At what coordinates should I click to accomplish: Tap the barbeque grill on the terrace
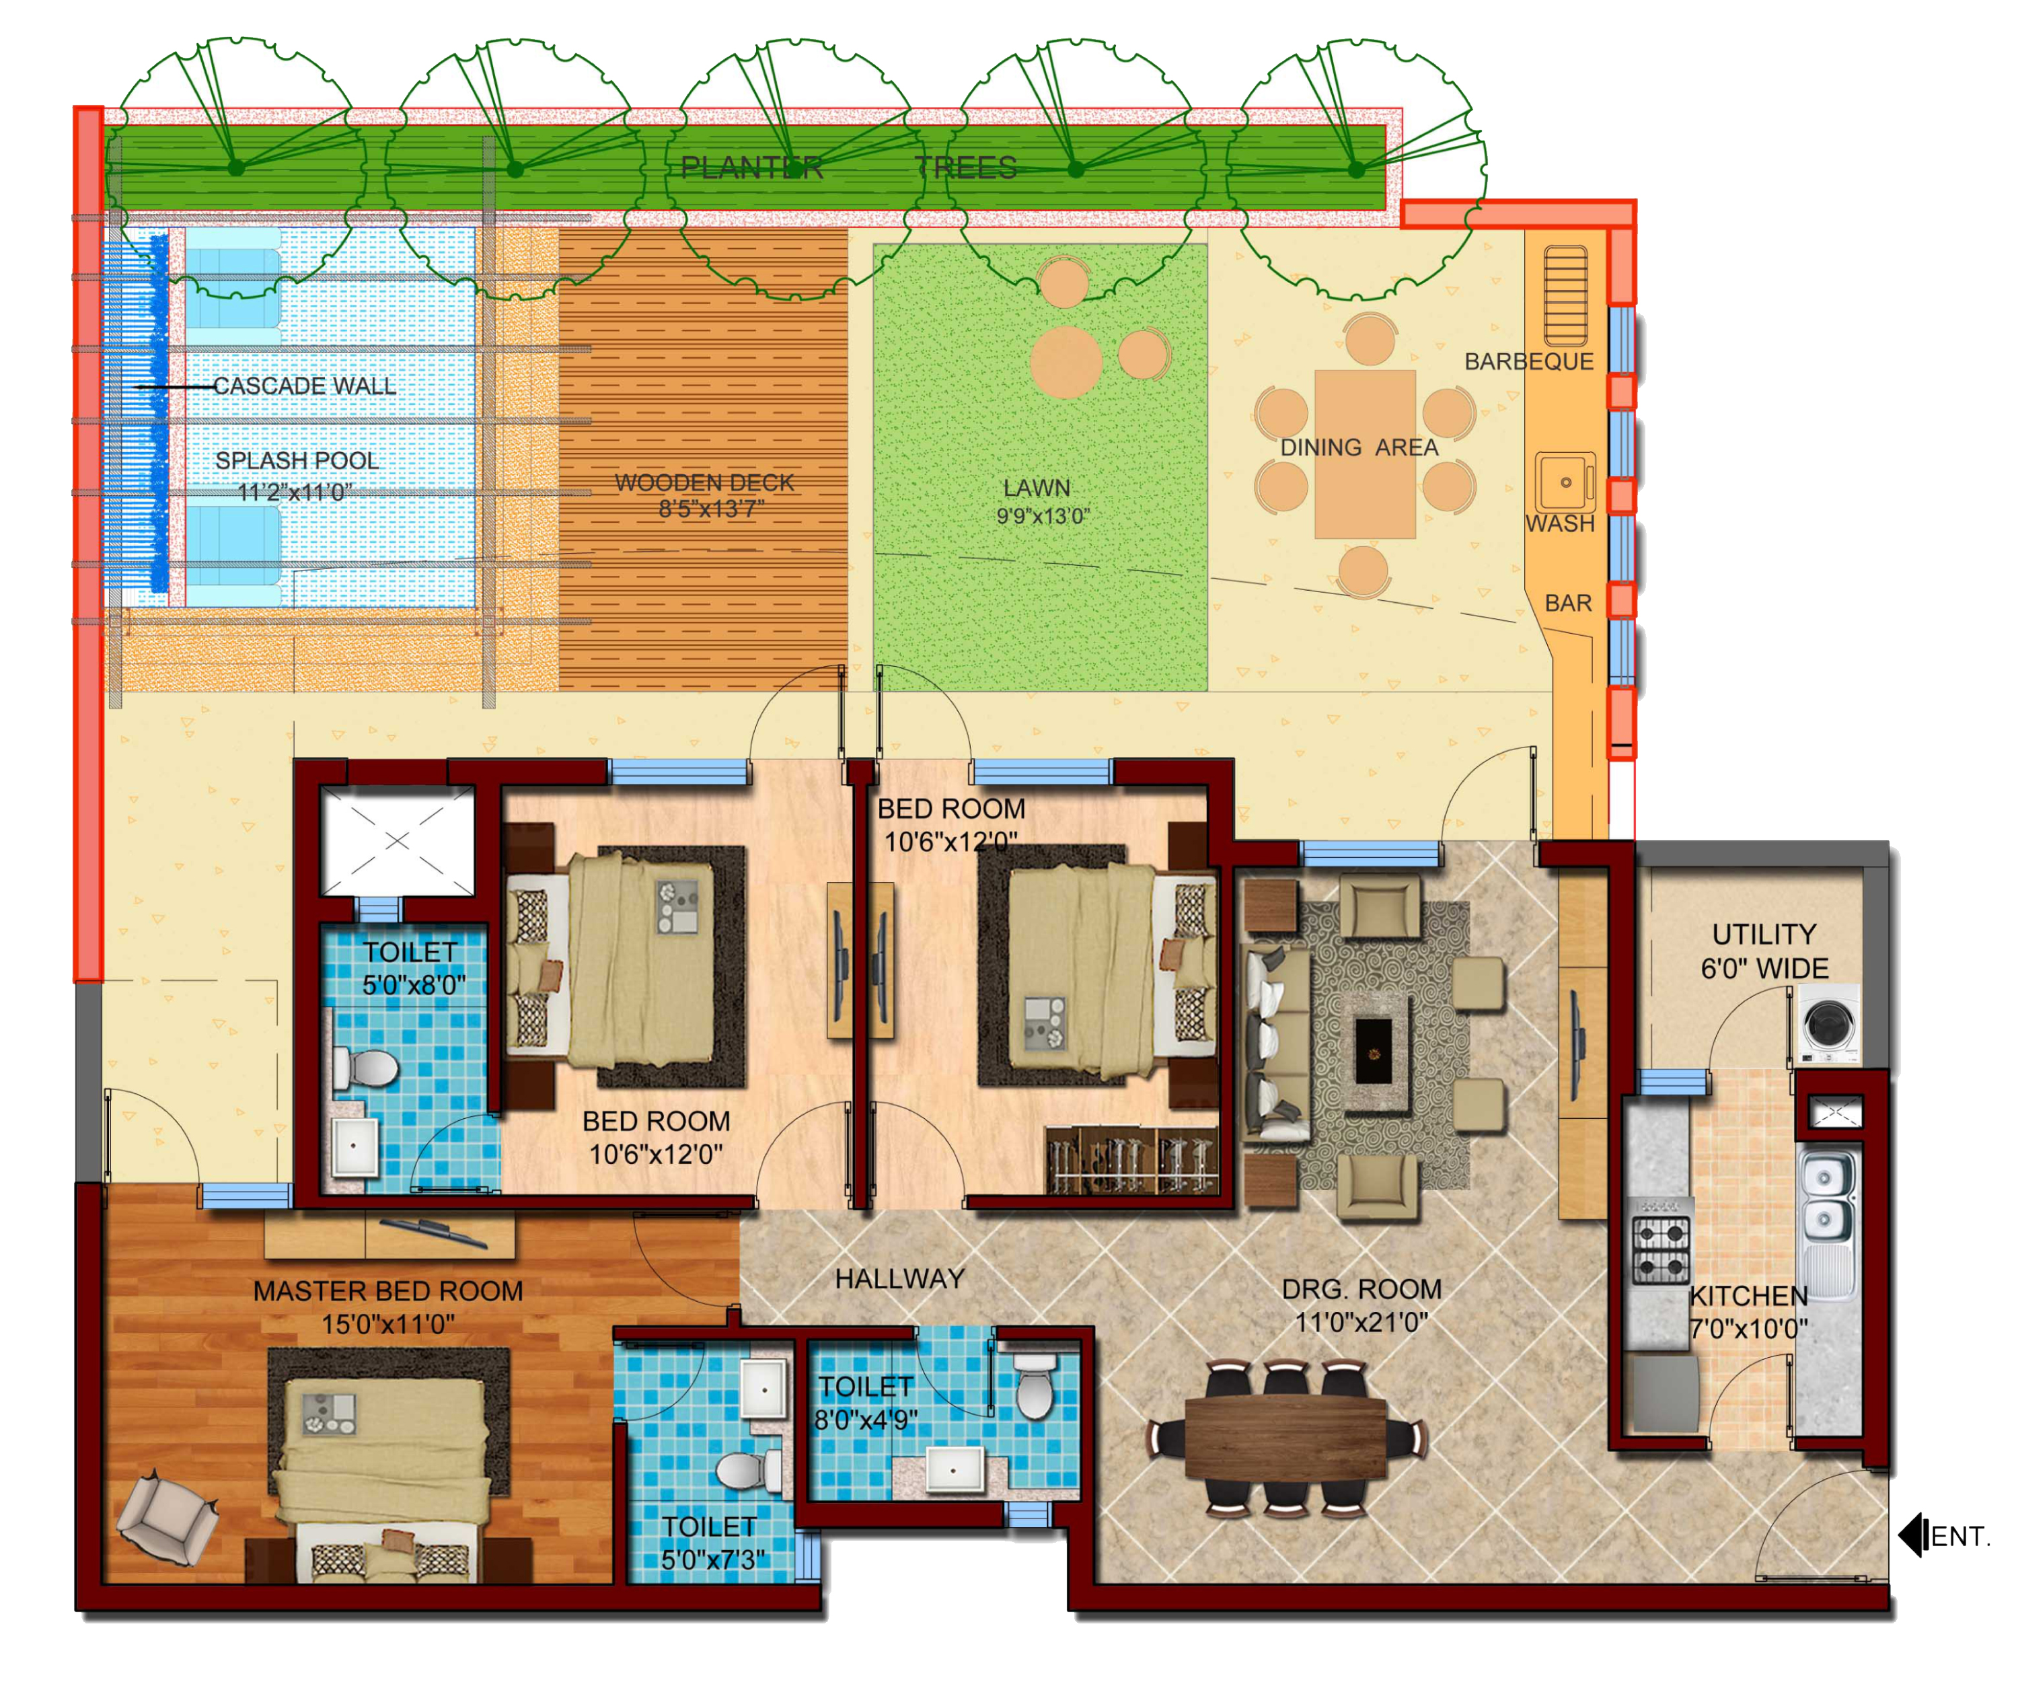coord(1565,296)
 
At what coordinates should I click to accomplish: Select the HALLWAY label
coord(899,1278)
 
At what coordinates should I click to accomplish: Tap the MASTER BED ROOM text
coord(388,1291)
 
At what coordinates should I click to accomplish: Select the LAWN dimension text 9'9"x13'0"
coord(1043,516)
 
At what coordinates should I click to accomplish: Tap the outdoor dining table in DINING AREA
coord(1365,455)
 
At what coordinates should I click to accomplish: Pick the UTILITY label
coord(1764,935)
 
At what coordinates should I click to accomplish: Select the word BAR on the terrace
coord(1568,603)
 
